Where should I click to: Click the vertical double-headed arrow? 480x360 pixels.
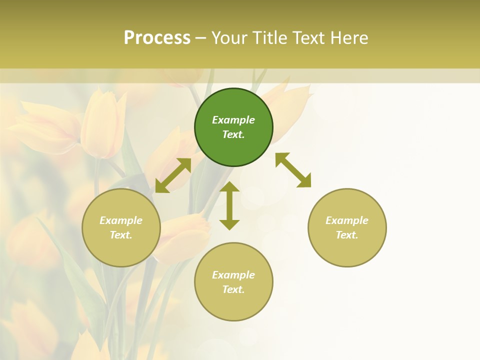click(x=229, y=205)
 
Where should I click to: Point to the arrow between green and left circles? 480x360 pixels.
click(x=173, y=175)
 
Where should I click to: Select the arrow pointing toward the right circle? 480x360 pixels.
click(x=293, y=170)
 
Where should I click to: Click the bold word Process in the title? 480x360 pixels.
click(x=157, y=38)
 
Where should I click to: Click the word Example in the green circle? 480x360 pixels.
click(x=233, y=120)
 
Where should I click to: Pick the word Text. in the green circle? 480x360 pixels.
click(x=233, y=134)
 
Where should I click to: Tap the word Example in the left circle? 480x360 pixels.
click(x=121, y=220)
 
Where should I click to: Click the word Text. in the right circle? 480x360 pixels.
click(x=347, y=235)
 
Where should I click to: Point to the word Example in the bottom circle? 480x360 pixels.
click(x=233, y=275)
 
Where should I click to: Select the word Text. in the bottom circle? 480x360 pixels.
click(x=233, y=289)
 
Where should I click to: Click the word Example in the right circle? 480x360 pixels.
click(x=347, y=220)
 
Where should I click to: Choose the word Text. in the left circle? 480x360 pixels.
click(x=121, y=235)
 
